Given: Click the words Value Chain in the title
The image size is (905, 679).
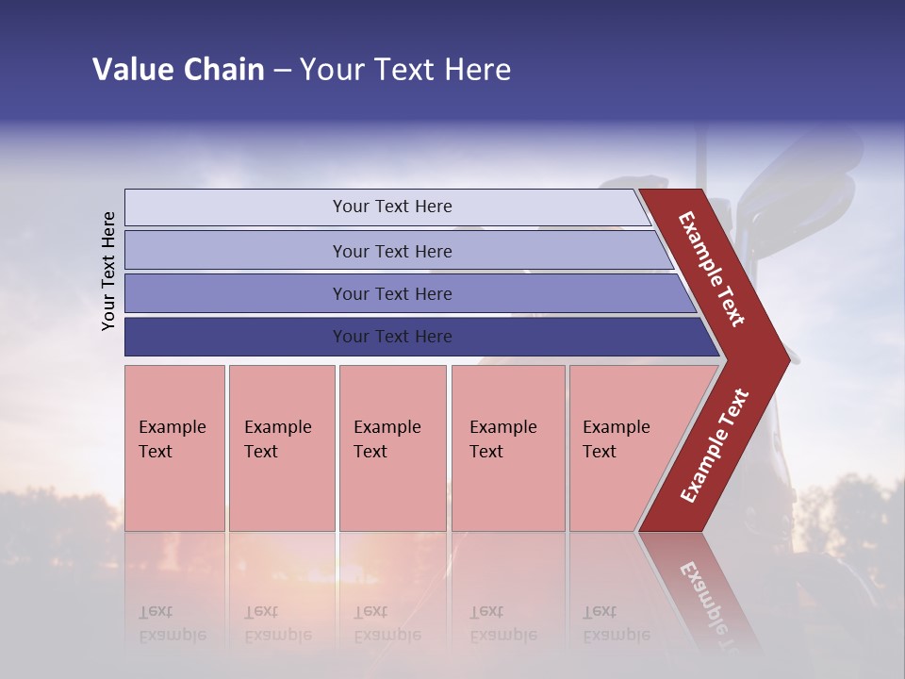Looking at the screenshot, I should (x=178, y=70).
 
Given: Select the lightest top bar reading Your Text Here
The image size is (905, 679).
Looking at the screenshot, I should (x=391, y=207).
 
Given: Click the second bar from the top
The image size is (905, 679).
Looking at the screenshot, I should (x=391, y=251).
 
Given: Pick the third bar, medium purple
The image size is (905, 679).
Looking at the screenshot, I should (x=391, y=293).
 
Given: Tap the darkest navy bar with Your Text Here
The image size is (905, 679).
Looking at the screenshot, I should (x=391, y=337).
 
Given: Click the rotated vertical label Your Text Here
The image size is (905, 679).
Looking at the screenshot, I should (x=108, y=271).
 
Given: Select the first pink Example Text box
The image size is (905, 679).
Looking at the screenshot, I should (x=174, y=448).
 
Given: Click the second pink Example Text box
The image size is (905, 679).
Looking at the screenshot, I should (x=281, y=448).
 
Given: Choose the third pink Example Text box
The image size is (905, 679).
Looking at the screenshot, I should (x=392, y=448).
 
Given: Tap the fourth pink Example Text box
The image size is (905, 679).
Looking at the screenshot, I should (x=507, y=448).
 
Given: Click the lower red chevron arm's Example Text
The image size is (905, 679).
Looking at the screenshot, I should (x=715, y=446).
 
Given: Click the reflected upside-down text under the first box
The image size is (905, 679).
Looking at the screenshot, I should (x=172, y=622).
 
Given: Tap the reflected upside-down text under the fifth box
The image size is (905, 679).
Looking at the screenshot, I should (x=616, y=622).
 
